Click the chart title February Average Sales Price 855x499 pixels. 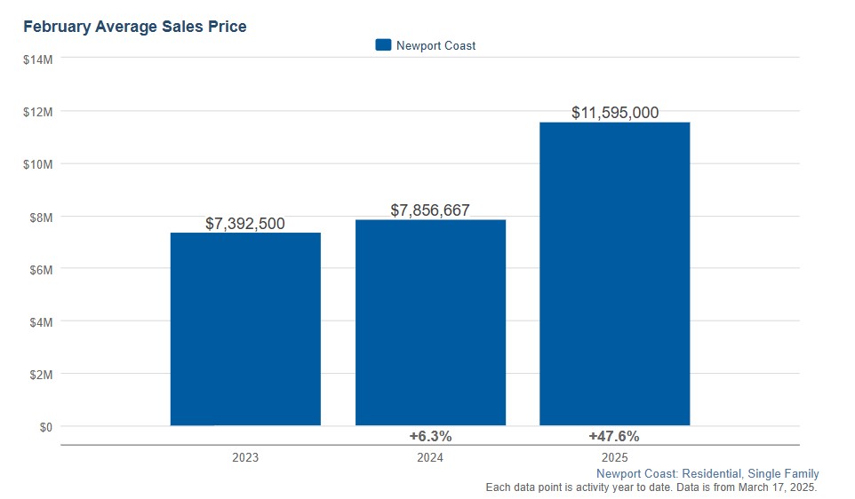tap(135, 27)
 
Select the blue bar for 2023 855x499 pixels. tap(245, 329)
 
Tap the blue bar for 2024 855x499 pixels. tap(430, 322)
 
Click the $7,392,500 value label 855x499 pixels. tap(245, 224)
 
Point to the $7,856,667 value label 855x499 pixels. tap(430, 210)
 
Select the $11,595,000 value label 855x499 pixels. tap(614, 113)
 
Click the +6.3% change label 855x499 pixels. tap(430, 437)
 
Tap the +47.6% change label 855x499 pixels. tap(614, 437)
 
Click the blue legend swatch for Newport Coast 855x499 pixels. tap(383, 45)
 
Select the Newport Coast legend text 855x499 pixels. tap(435, 46)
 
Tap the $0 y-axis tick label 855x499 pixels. tap(44, 427)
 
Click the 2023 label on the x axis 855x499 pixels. tap(245, 458)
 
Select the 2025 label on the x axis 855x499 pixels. tap(614, 458)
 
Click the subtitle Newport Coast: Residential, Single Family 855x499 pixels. tap(707, 474)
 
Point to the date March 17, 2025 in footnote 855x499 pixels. tap(774, 487)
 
